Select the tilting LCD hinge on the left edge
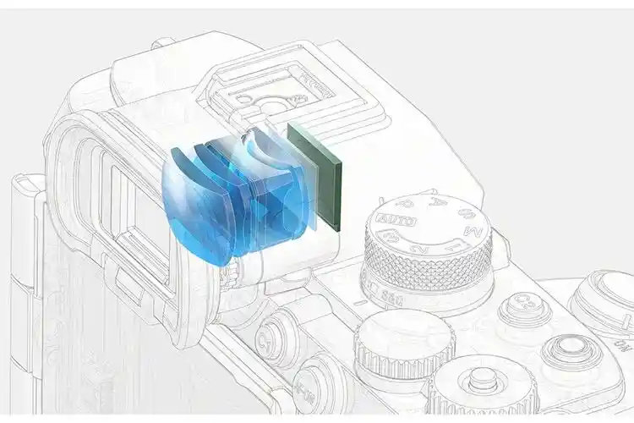pyautogui.click(x=25, y=254)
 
